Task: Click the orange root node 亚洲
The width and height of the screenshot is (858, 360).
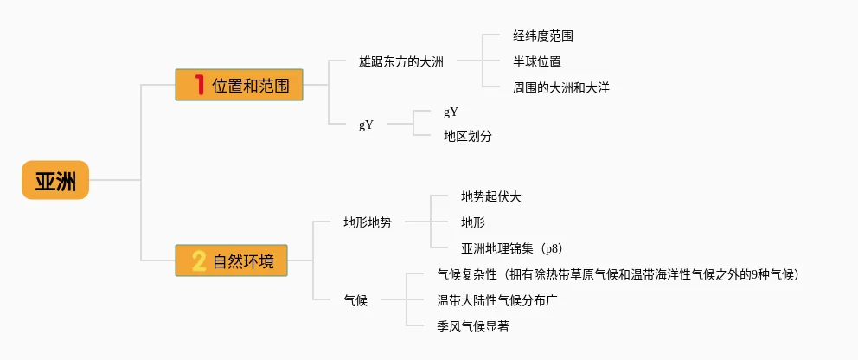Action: [x=55, y=180]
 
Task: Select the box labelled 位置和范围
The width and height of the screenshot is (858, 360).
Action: [x=239, y=85]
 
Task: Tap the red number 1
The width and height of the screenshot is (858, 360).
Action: [x=199, y=85]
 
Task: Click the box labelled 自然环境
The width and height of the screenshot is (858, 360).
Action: [x=231, y=260]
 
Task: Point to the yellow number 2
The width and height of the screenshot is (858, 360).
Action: [x=199, y=260]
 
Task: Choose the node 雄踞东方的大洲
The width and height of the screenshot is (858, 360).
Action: [x=401, y=61]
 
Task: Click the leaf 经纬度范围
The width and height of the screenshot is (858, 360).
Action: [x=542, y=36]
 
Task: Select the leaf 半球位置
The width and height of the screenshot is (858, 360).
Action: [x=536, y=61]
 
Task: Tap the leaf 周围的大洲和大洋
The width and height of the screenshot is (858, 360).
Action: [x=560, y=87]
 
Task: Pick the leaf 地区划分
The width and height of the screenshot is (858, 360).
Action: [x=468, y=136]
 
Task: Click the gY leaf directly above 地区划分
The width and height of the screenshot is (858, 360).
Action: [x=451, y=112]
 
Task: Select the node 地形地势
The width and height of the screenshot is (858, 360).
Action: [x=367, y=222]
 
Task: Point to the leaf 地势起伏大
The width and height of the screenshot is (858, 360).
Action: [x=491, y=196]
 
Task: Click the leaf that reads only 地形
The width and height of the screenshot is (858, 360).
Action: [x=473, y=222]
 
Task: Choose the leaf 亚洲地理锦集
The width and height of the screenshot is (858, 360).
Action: [x=497, y=248]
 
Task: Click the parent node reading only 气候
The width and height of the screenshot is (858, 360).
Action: [x=355, y=300]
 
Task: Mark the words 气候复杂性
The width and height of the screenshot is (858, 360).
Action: [x=467, y=274]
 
